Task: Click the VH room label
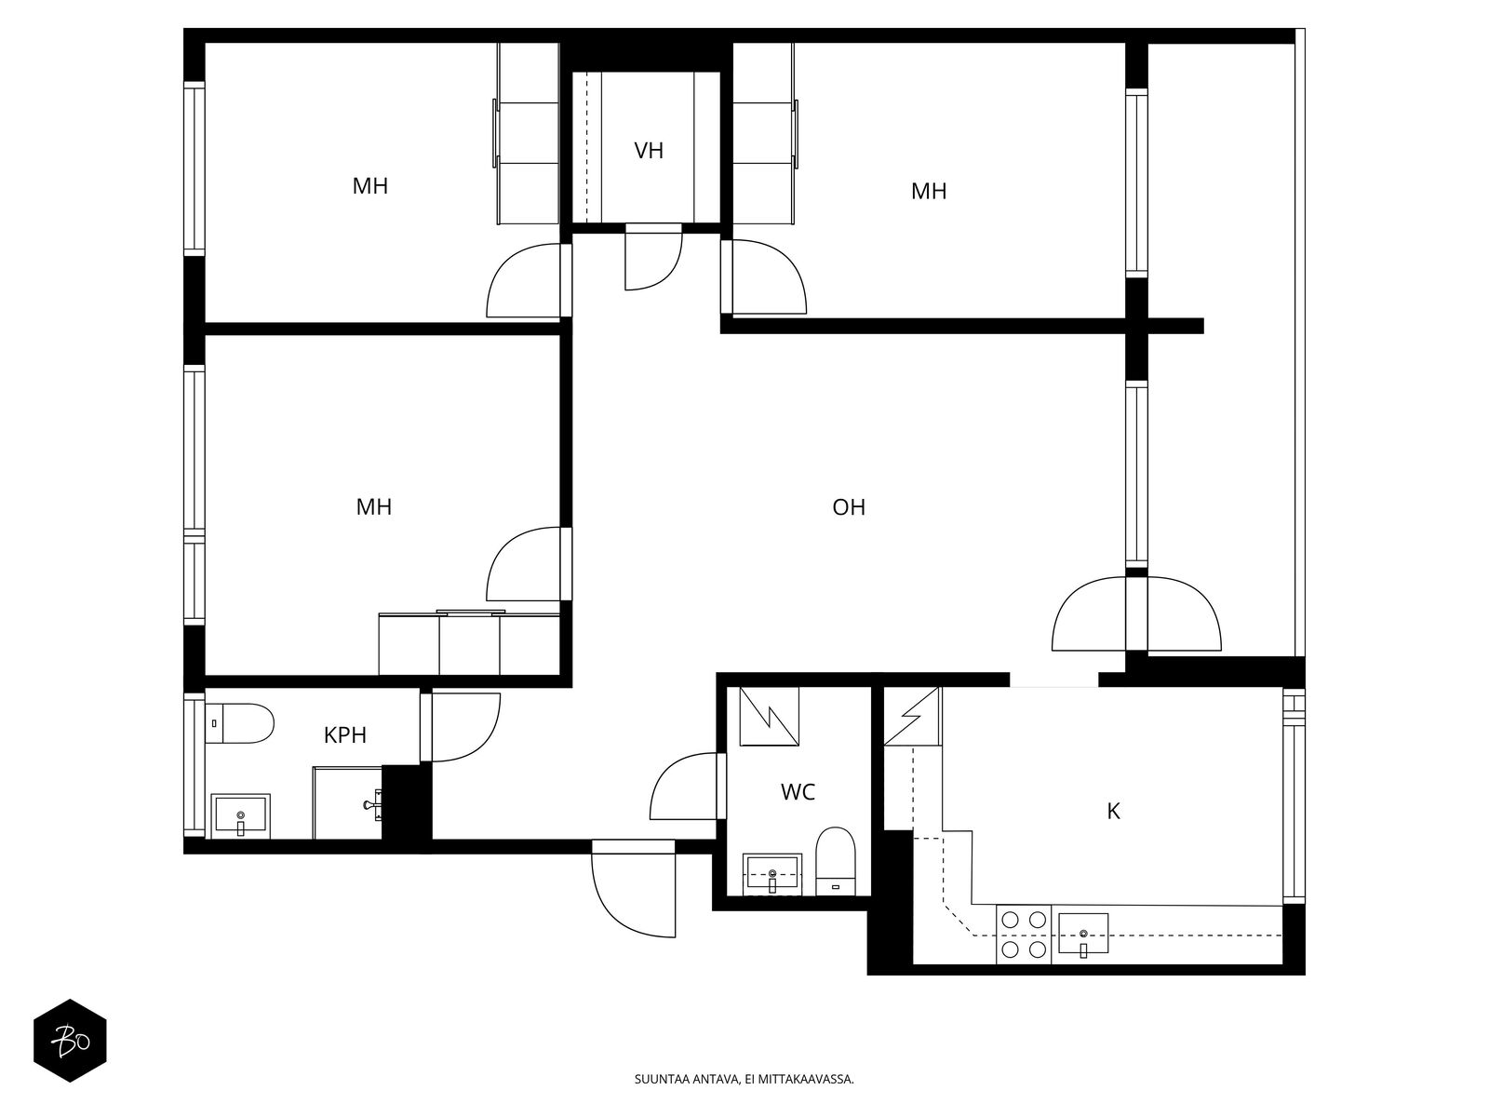click(648, 151)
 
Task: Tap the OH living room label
click(848, 507)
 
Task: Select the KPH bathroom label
click(344, 735)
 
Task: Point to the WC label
click(797, 792)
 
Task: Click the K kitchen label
click(1113, 811)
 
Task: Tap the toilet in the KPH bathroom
click(239, 723)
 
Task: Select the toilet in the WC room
click(835, 861)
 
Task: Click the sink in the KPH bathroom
click(241, 816)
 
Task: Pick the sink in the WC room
click(772, 874)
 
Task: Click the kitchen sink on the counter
click(1082, 935)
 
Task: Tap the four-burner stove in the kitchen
click(1024, 935)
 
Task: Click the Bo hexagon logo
click(71, 1041)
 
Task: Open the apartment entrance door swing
click(635, 889)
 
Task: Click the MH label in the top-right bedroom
click(928, 191)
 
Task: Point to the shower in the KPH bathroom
click(347, 803)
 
